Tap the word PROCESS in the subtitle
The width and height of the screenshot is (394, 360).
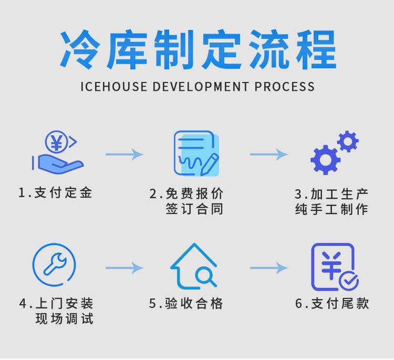point(285,87)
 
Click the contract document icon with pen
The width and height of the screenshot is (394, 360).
point(196,153)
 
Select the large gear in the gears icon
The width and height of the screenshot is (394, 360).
point(325,159)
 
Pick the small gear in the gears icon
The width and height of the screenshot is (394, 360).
point(348,141)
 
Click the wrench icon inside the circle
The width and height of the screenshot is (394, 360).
point(54,264)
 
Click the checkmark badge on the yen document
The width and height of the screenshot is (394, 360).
point(349,281)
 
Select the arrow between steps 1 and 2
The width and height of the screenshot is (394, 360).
point(124,154)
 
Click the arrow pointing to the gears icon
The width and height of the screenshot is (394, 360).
point(268,155)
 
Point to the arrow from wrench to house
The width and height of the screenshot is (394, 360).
point(124,268)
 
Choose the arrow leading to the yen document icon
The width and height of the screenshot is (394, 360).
point(268,268)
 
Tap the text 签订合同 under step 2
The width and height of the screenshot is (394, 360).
point(194,209)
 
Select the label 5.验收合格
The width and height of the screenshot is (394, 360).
point(186,303)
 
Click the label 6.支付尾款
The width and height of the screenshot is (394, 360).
point(332,303)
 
